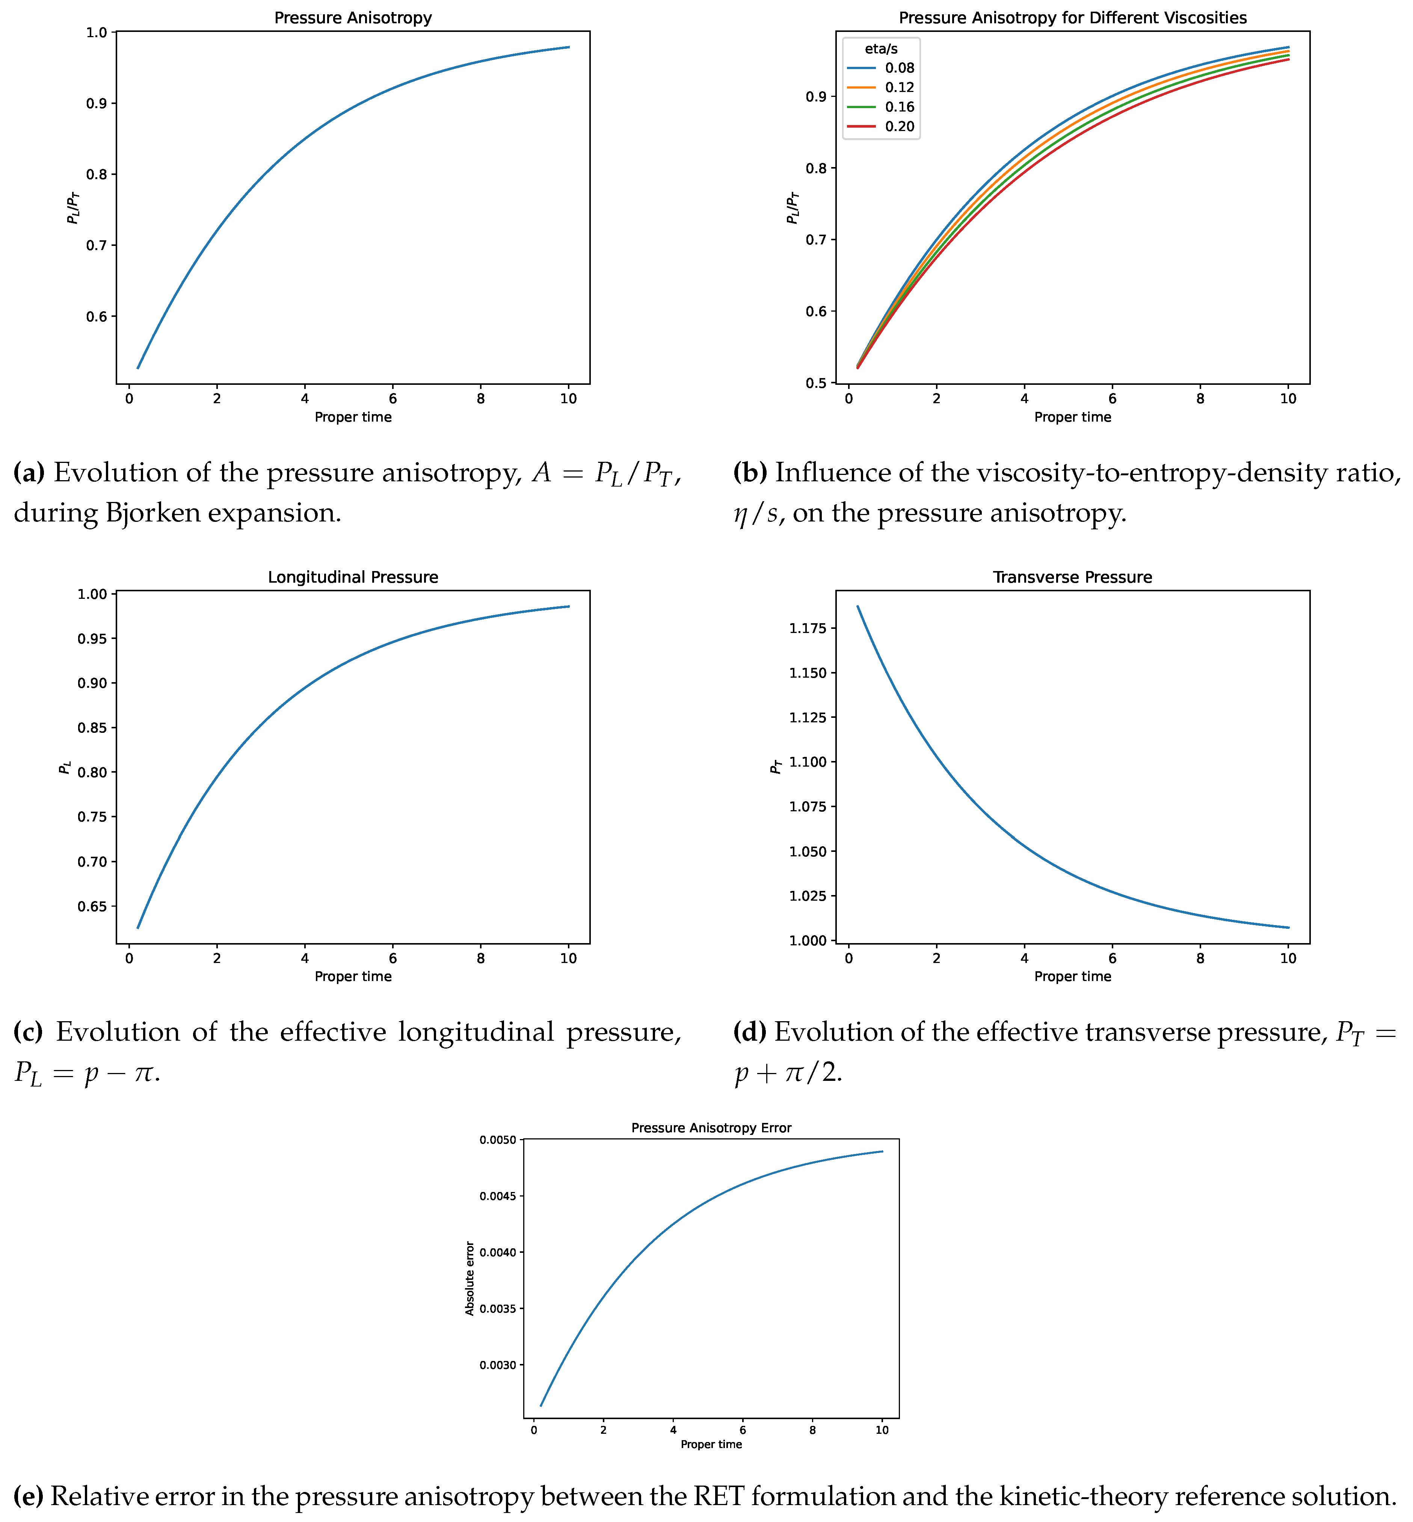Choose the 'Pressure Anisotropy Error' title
point(711,1127)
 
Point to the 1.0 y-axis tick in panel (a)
point(100,32)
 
